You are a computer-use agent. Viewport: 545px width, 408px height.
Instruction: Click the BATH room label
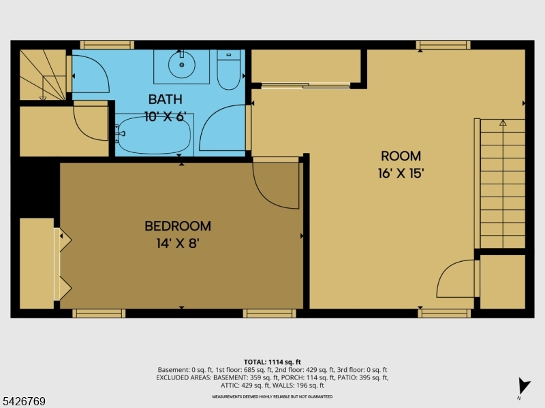tap(165, 99)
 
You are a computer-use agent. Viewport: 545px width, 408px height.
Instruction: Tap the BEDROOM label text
tap(178, 226)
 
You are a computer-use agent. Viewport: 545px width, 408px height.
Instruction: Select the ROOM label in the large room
tap(401, 156)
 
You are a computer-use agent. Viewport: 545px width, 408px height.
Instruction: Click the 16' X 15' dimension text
tap(401, 173)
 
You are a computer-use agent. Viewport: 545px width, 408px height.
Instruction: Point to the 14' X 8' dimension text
tap(178, 243)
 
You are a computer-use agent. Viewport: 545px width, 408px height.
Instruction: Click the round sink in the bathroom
tap(181, 65)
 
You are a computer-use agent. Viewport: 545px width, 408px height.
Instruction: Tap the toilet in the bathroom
tap(229, 69)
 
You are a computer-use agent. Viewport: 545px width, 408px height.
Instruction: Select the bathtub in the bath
tap(154, 135)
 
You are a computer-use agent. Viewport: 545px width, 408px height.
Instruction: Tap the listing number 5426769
tap(23, 401)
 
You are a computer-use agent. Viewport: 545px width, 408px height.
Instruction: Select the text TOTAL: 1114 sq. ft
tap(272, 362)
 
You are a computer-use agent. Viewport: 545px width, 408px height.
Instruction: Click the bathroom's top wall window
tap(107, 45)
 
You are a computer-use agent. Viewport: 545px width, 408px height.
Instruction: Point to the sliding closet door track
tap(306, 86)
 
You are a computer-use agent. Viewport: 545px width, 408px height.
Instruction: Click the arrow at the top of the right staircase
tap(503, 122)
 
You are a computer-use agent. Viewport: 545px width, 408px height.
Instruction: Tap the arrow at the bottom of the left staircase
tap(43, 99)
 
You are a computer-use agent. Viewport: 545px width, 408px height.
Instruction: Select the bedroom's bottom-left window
tap(99, 313)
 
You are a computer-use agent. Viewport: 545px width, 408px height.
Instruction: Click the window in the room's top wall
tap(443, 45)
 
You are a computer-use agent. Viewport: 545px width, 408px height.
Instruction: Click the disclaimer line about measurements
tap(272, 396)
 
